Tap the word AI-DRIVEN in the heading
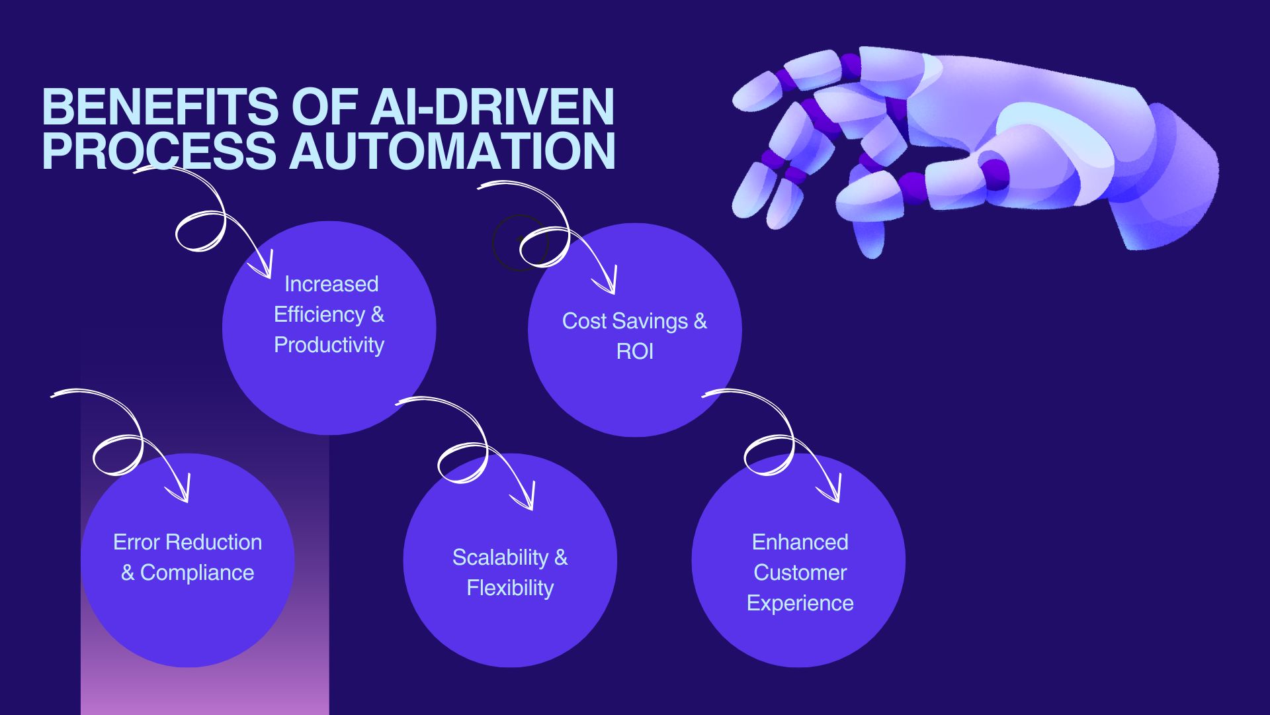click(x=493, y=107)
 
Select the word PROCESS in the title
click(x=159, y=150)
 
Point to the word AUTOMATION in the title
click(x=452, y=150)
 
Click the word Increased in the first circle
click(x=331, y=284)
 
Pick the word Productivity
click(x=329, y=346)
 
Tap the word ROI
click(x=635, y=352)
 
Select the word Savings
click(x=649, y=322)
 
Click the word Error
click(x=137, y=542)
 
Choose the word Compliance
click(x=197, y=573)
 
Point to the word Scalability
click(x=500, y=558)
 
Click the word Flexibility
click(x=510, y=589)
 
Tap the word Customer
click(x=800, y=573)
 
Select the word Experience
click(x=800, y=604)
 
